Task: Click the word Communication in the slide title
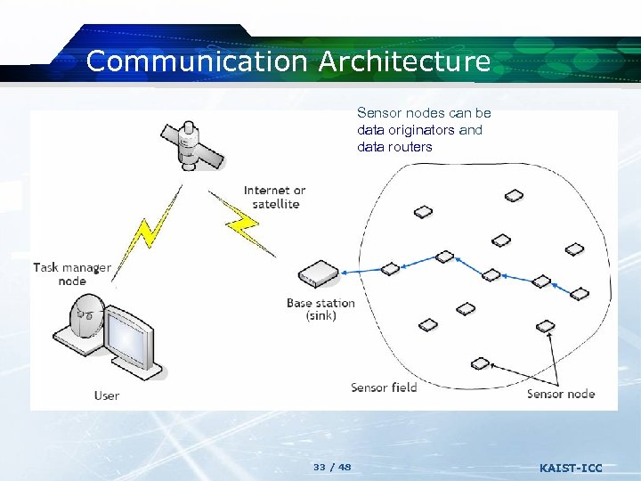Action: click(196, 61)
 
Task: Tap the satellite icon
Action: click(188, 143)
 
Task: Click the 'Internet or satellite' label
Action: click(274, 197)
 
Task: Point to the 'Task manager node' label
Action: click(72, 273)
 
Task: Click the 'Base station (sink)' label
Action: click(320, 309)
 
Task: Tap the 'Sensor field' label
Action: click(384, 387)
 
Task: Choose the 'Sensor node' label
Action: click(561, 394)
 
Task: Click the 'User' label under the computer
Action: click(107, 395)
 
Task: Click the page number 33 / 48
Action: click(332, 467)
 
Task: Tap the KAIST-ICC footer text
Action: click(571, 468)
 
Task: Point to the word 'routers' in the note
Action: click(410, 147)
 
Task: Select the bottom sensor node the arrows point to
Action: click(480, 363)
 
